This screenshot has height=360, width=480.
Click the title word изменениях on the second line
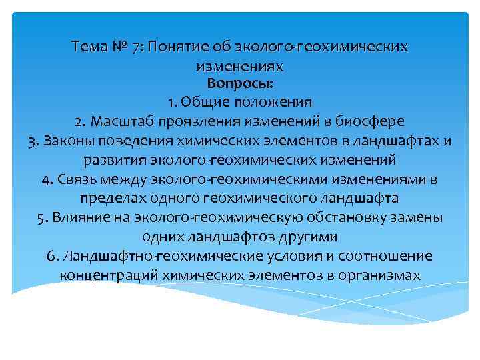(x=240, y=66)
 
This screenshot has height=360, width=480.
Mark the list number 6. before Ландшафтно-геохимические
(x=54, y=257)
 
